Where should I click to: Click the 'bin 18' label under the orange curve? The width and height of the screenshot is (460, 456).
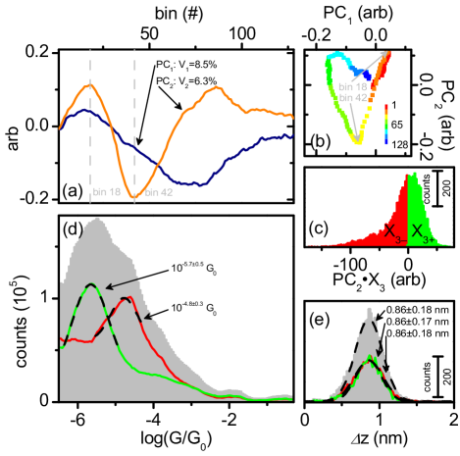105,193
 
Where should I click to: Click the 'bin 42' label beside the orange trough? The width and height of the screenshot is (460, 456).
159,193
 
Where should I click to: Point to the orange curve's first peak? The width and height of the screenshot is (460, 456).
90,85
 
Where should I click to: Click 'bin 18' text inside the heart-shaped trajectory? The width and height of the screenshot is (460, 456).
350,86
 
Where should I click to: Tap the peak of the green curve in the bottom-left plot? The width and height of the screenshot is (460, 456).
91,284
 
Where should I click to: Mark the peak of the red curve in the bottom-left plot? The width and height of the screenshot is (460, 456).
128,298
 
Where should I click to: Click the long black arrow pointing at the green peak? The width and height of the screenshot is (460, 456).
123,283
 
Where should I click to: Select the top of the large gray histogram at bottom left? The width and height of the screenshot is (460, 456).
95,219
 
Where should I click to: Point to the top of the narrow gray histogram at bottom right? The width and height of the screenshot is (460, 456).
369,309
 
